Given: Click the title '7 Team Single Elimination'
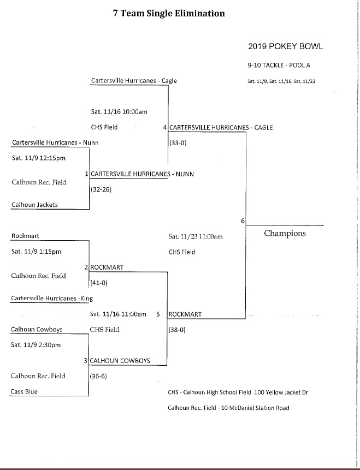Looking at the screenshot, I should (x=168, y=14).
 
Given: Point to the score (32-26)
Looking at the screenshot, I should (x=101, y=191).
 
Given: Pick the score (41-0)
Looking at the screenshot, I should (x=99, y=283).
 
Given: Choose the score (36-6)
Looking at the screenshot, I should (x=98, y=376).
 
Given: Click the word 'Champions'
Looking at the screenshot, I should (x=285, y=234).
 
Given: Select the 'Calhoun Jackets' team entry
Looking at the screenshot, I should (x=34, y=205).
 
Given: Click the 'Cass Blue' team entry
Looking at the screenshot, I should (x=25, y=391).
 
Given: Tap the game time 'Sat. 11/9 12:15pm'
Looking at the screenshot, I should (x=39, y=159).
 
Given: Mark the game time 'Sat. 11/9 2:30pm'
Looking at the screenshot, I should (x=36, y=345).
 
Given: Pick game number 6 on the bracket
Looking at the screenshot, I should (x=242, y=221).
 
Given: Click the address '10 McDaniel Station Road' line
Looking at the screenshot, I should (x=228, y=408).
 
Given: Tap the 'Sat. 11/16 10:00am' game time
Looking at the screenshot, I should (x=119, y=112).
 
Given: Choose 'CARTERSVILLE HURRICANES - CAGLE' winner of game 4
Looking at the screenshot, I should (x=221, y=128).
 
